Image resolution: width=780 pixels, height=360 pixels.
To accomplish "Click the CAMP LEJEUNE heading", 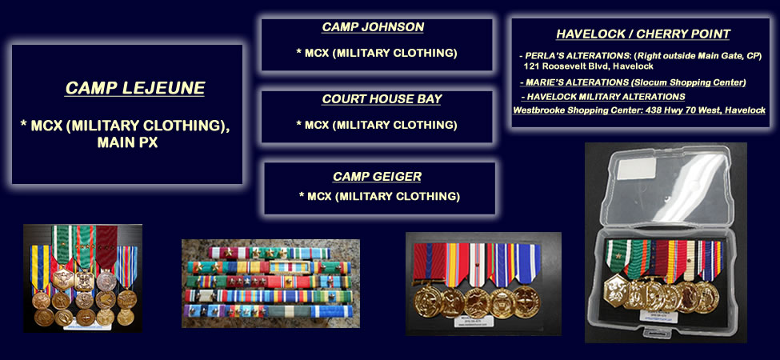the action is point(135,88).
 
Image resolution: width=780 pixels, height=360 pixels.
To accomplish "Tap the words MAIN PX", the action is point(127,142).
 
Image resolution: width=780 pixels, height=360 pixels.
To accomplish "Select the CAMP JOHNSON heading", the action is point(373,27).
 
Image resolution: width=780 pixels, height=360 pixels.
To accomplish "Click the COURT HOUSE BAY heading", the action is point(382,98).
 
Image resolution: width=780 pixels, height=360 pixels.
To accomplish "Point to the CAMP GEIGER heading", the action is point(377,177).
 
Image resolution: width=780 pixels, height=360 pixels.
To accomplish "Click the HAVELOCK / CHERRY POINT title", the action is point(642,34).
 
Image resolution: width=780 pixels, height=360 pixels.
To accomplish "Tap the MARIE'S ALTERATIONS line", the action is point(633,82).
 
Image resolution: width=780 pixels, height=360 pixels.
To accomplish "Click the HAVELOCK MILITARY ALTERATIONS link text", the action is point(603,97).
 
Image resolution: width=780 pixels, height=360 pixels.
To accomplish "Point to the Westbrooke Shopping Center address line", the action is point(638,110).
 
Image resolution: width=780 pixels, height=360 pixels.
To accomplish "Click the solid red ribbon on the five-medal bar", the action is point(429,262).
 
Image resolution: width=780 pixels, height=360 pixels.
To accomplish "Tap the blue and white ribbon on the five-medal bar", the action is point(527,263).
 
